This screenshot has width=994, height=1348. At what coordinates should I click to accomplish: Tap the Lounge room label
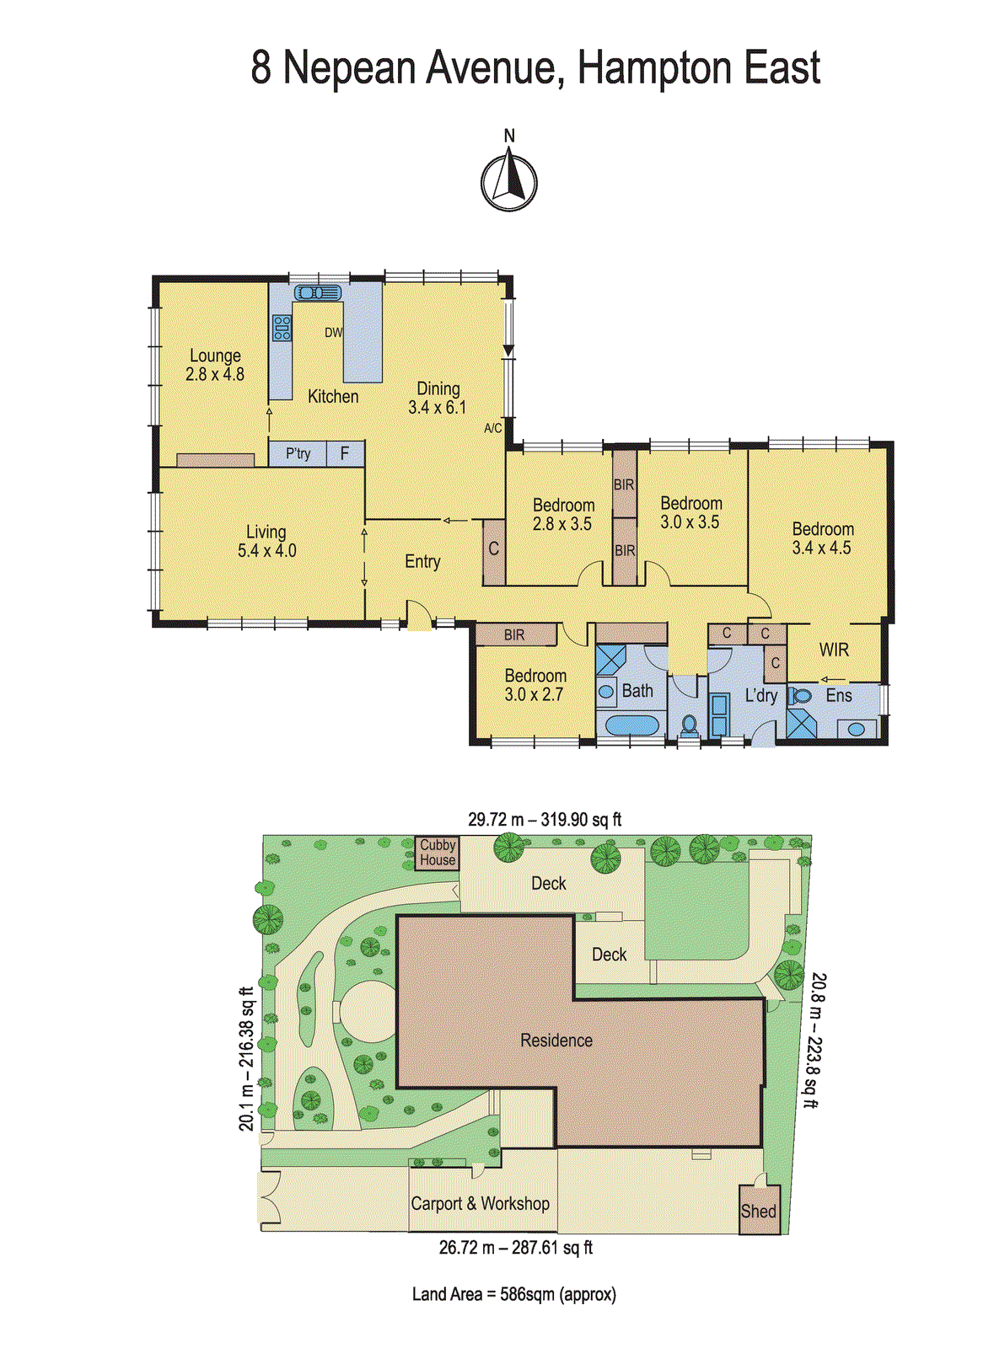[215, 356]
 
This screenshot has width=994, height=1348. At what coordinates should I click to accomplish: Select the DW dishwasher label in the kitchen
[334, 333]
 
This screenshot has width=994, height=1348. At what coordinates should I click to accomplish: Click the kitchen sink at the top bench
[317, 293]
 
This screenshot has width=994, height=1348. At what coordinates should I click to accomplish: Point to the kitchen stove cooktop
[282, 328]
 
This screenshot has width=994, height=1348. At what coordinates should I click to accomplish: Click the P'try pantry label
[298, 454]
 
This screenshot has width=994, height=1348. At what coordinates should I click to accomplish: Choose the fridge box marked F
[345, 454]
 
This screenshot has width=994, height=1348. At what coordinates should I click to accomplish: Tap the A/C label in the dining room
[493, 429]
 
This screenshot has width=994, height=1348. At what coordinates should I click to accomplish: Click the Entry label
[422, 562]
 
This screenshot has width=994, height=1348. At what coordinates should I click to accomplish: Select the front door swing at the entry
[417, 615]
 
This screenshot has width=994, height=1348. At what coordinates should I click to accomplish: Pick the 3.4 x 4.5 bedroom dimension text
[822, 548]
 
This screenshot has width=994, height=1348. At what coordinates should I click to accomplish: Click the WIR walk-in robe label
[834, 650]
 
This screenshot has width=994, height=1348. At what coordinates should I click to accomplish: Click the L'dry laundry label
[761, 696]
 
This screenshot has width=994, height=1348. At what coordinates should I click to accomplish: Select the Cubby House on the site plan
[438, 853]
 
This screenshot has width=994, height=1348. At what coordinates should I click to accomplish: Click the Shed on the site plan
[759, 1211]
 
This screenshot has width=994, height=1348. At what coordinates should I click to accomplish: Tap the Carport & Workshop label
[480, 1204]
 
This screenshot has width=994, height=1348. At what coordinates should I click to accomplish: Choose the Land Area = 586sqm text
[513, 1294]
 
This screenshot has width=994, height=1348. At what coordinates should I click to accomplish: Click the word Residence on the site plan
[556, 1040]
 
